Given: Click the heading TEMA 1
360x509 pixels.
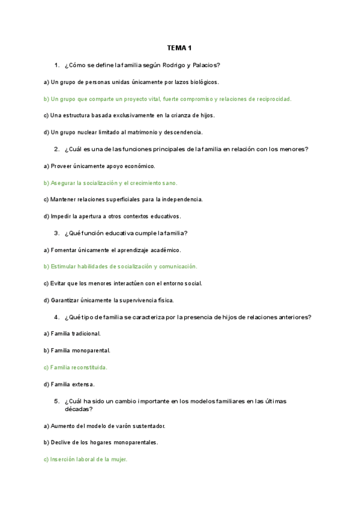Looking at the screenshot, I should pyautogui.click(x=179, y=47).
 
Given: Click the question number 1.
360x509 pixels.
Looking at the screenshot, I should pyautogui.click(x=56, y=65).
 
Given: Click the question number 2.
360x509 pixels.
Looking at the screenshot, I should pyautogui.click(x=56, y=149).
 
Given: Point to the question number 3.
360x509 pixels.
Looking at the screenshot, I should pyautogui.click(x=56, y=233).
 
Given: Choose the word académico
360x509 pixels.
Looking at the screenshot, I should pyautogui.click(x=163, y=250).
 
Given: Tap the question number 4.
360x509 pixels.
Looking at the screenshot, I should pyautogui.click(x=56, y=317).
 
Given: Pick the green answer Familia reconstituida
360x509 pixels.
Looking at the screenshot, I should pyautogui.click(x=76, y=367).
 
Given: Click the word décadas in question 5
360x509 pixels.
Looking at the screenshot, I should pyautogui.click(x=79, y=409).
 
